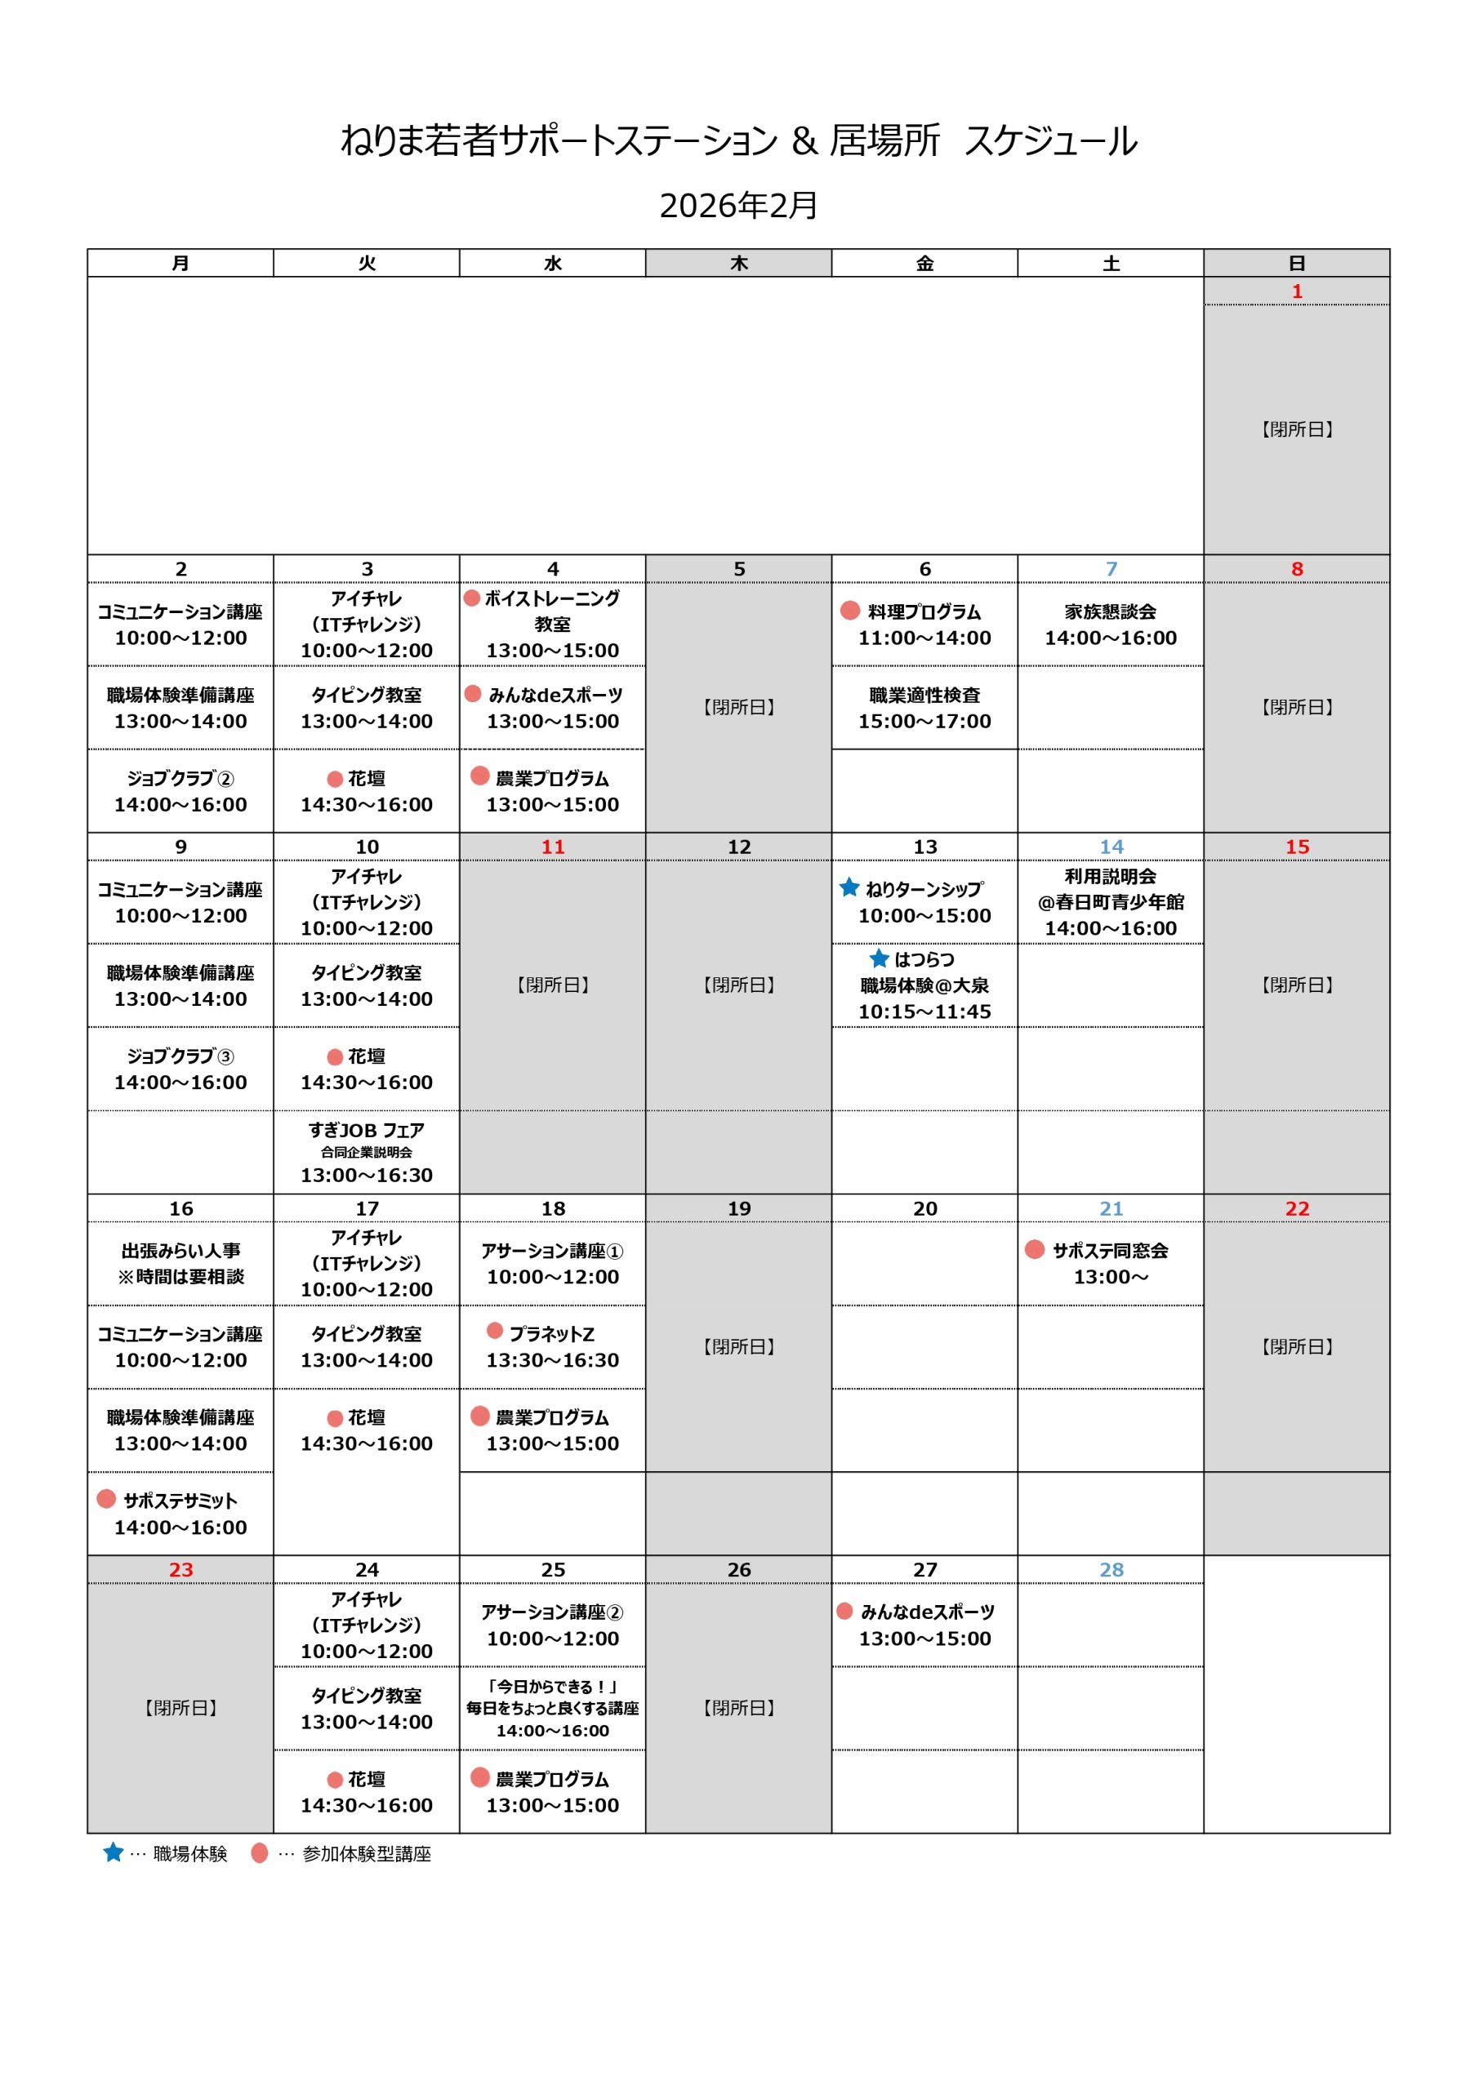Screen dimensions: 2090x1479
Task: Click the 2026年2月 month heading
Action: [738, 206]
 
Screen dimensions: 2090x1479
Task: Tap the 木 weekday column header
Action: [738, 263]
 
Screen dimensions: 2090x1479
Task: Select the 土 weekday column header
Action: [1110, 263]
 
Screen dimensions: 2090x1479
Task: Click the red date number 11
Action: [553, 847]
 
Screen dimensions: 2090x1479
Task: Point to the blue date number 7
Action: [1111, 569]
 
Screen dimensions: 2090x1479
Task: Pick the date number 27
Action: [924, 1569]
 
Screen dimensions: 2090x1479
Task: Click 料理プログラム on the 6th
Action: [924, 611]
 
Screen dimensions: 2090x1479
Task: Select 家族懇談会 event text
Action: [1110, 611]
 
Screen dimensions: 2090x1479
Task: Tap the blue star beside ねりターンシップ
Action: [849, 887]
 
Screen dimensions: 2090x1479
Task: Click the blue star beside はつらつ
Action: [879, 958]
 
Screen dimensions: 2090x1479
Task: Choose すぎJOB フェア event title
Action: [366, 1131]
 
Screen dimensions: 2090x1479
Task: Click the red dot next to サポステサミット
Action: [106, 1498]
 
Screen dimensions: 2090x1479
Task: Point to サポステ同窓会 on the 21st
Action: [1110, 1251]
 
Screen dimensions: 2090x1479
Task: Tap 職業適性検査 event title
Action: [924, 696]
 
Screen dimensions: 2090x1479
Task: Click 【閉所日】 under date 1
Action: [1296, 429]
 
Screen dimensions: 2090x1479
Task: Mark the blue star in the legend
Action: [113, 1852]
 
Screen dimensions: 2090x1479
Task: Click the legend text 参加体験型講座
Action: [366, 1854]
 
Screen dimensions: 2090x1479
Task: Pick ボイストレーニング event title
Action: [552, 599]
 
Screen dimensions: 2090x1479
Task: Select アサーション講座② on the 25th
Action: [552, 1612]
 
